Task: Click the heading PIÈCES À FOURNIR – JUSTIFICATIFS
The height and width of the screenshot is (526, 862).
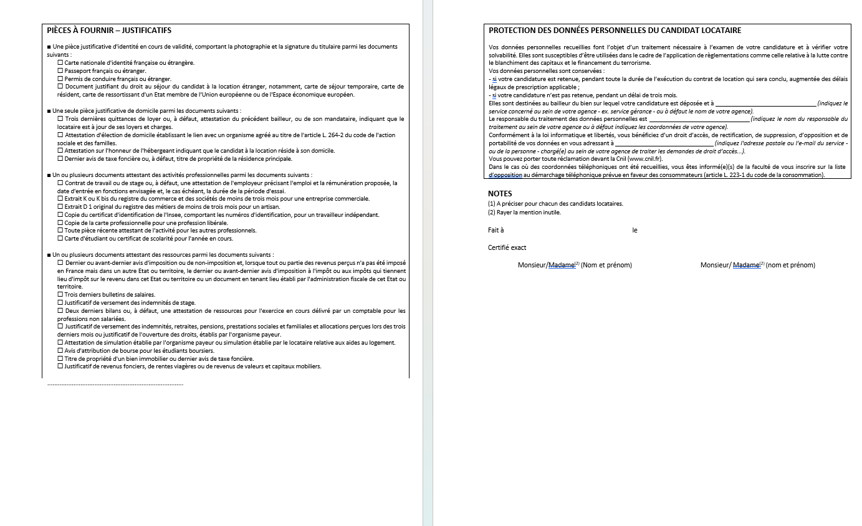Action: click(109, 30)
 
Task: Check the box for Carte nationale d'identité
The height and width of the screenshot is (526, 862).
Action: click(60, 62)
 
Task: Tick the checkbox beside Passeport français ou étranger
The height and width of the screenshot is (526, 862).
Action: click(60, 70)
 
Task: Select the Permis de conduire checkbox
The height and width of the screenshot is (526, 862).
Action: click(60, 79)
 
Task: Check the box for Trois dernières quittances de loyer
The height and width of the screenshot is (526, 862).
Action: click(60, 118)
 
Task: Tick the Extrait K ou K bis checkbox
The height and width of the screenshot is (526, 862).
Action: click(60, 199)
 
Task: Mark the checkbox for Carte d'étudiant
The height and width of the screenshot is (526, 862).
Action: click(60, 238)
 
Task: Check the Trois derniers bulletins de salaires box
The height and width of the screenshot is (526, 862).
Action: click(60, 295)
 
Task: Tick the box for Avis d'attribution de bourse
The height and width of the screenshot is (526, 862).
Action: click(60, 350)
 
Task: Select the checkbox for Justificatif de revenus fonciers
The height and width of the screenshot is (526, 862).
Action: click(60, 366)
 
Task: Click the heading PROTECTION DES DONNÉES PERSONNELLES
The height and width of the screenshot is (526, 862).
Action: click(615, 30)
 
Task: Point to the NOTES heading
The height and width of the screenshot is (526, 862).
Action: click(500, 194)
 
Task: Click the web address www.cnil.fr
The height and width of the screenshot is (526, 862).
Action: click(644, 159)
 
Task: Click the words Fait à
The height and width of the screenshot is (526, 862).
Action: click(496, 230)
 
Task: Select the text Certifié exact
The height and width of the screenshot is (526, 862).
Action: click(507, 247)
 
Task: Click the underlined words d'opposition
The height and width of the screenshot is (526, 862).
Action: click(505, 175)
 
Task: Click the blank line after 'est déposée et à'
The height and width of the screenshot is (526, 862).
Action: click(765, 103)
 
